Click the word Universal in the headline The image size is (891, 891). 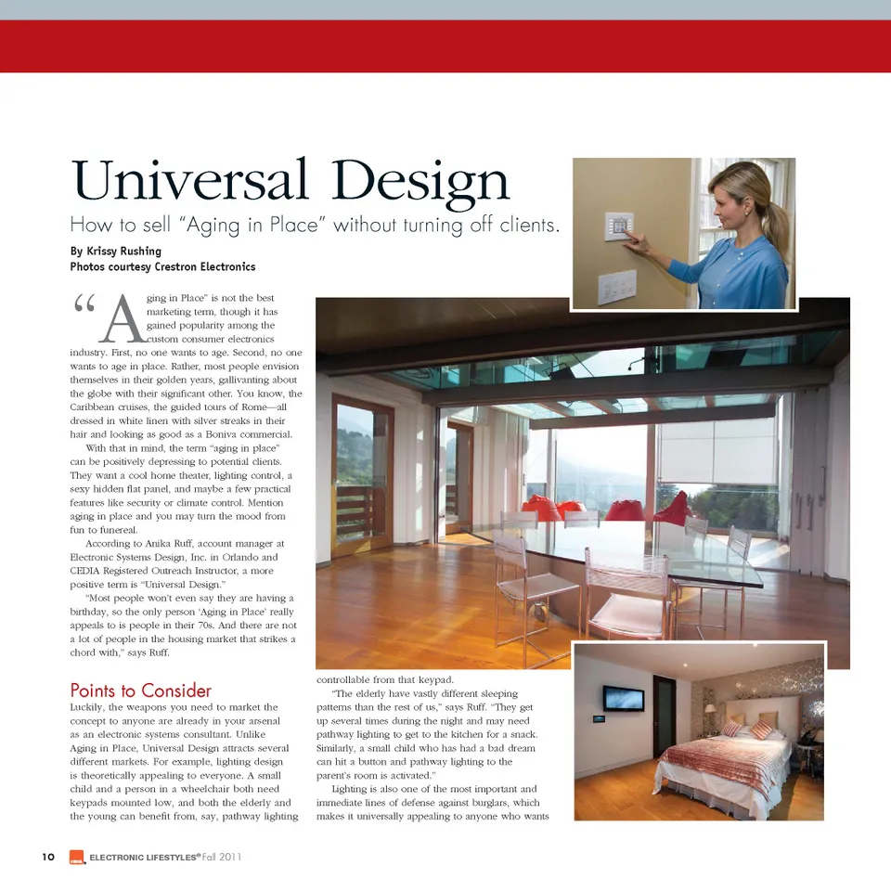coord(190,181)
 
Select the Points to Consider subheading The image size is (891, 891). coord(141,691)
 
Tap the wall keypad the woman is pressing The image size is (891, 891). coord(618,226)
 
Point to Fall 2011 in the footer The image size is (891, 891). coord(222,857)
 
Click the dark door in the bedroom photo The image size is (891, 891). coord(664,716)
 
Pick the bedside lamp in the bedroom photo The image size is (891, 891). coord(709,713)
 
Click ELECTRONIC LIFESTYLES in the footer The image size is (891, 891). coord(144,858)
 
